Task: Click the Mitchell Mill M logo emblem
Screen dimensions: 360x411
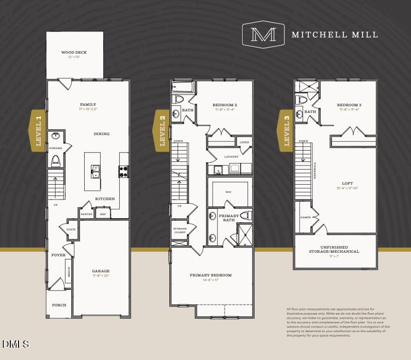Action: (x=263, y=35)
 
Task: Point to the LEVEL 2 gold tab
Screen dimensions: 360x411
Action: (x=162, y=131)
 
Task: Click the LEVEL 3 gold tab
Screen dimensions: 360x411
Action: (x=287, y=131)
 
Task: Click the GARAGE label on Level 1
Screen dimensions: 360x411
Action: (x=101, y=271)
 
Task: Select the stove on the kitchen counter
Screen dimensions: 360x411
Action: (x=124, y=171)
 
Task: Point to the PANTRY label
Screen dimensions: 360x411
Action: (x=86, y=214)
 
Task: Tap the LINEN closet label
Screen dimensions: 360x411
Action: (x=244, y=142)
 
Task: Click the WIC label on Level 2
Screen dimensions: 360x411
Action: (x=228, y=191)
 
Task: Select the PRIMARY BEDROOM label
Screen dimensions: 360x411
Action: (x=211, y=275)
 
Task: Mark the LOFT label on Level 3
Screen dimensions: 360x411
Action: (x=347, y=183)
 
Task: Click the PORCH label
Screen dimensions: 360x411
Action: (x=59, y=305)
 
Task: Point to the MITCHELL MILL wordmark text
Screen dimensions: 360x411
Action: (x=335, y=35)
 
